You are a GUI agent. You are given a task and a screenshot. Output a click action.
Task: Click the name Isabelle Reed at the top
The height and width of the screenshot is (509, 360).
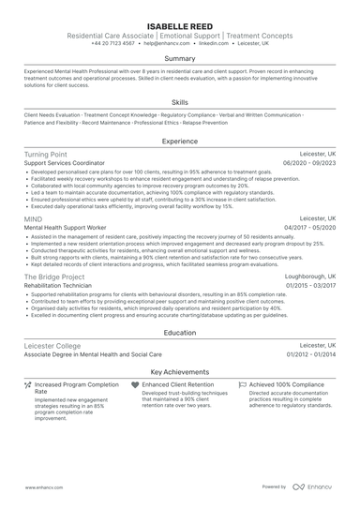[x=179, y=22]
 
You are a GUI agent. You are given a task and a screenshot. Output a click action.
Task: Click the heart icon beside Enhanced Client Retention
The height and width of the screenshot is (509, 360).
[x=136, y=384]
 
